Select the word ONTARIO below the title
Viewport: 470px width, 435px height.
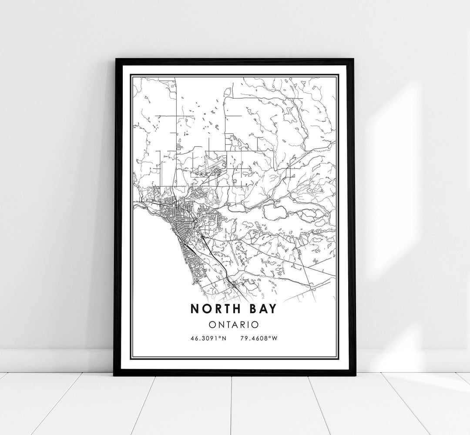(x=234, y=324)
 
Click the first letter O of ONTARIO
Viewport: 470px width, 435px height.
(x=212, y=324)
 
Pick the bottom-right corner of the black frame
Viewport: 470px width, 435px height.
(x=355, y=375)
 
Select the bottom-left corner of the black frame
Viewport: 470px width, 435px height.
(x=115, y=375)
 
